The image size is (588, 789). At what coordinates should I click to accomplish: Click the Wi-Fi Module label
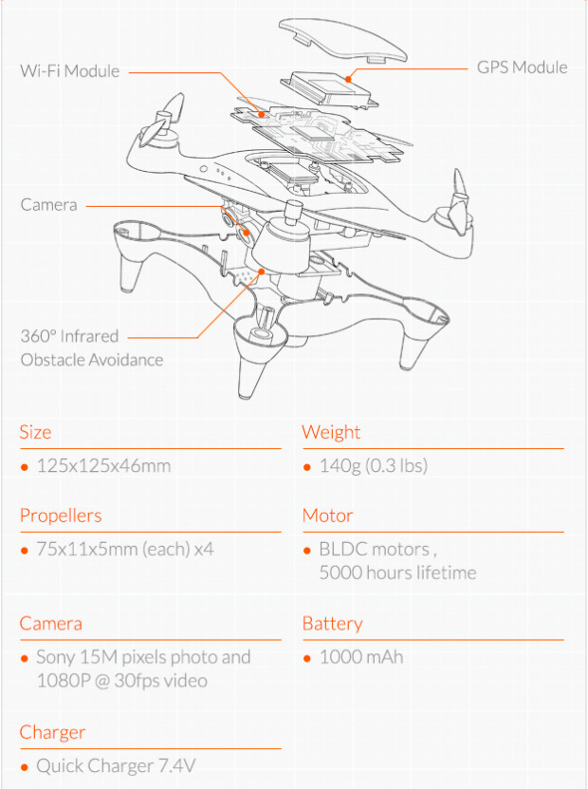pos(70,71)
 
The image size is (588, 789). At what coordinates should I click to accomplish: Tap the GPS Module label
pos(523,67)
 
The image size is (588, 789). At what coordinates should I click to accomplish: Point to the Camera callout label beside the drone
pos(48,205)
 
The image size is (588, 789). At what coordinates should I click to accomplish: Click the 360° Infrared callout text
pos(69,336)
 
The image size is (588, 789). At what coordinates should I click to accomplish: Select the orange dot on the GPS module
pos(348,79)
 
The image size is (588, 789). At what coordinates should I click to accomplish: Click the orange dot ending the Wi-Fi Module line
pos(262,114)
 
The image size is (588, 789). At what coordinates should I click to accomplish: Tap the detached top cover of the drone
pos(342,40)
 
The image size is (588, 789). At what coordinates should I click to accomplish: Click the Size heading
pos(35,432)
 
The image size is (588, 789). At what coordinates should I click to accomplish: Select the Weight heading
pos(331,432)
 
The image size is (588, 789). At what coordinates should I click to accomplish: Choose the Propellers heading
pos(61,516)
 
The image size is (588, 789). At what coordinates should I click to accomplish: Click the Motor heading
pos(328,516)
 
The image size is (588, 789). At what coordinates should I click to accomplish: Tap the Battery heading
pos(332,624)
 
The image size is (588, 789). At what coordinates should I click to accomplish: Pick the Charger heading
pos(52,733)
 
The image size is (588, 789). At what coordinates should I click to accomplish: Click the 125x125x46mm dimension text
pos(103,465)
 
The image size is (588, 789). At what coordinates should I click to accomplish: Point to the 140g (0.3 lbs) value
pos(374,465)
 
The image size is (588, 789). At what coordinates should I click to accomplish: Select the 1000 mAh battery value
pos(361,657)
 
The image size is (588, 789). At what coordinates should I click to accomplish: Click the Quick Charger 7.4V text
pos(116,766)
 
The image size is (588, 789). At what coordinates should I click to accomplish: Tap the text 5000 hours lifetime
pos(397,573)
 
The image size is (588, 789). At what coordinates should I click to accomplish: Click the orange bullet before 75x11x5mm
pos(24,551)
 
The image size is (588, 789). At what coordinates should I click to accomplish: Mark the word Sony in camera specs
pos(55,658)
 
